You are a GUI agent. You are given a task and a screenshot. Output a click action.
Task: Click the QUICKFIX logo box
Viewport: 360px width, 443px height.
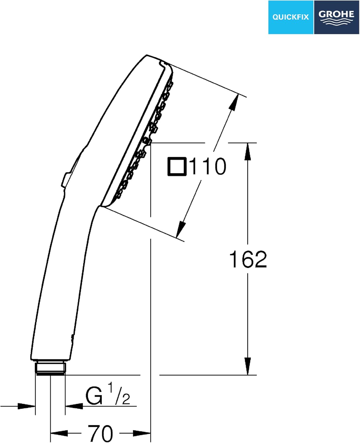(x=291, y=17)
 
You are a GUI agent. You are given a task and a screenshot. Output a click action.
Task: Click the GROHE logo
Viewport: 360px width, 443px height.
(x=336, y=17)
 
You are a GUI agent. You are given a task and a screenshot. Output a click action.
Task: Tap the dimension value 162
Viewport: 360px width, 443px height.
(x=248, y=259)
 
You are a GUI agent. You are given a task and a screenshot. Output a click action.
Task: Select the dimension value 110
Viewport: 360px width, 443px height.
(x=208, y=166)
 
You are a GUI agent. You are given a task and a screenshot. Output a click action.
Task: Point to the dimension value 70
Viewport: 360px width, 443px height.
(x=100, y=434)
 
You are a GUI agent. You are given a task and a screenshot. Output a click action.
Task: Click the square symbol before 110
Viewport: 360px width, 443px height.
(x=177, y=166)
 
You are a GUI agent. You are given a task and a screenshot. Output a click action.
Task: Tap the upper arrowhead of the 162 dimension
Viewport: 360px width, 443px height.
(x=247, y=152)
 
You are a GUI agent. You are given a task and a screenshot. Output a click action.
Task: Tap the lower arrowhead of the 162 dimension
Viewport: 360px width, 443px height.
(x=247, y=366)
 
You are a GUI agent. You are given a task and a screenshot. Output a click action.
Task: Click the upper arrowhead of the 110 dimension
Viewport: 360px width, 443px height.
(x=234, y=102)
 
